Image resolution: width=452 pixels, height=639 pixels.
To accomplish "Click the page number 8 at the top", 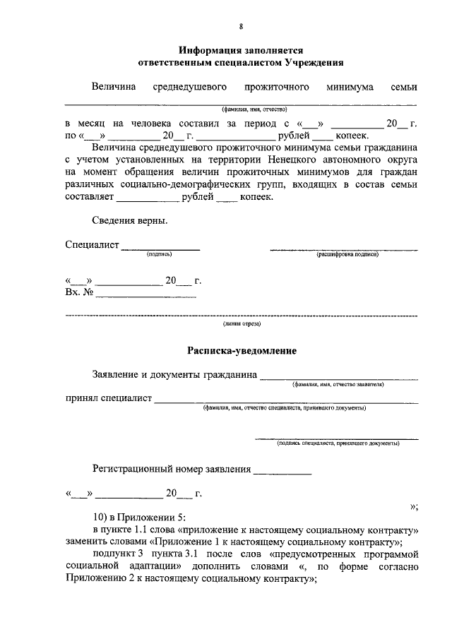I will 241,26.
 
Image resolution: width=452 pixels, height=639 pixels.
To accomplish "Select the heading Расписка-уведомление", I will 242,351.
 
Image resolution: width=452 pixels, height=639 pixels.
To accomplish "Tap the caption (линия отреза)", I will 242,324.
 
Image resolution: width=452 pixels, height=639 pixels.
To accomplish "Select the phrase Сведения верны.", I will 130,221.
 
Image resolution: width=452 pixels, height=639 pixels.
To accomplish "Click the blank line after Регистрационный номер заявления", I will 282,469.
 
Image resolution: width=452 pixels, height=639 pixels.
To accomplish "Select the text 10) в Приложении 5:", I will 136,518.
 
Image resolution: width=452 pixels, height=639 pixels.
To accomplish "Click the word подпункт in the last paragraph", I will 113,554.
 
